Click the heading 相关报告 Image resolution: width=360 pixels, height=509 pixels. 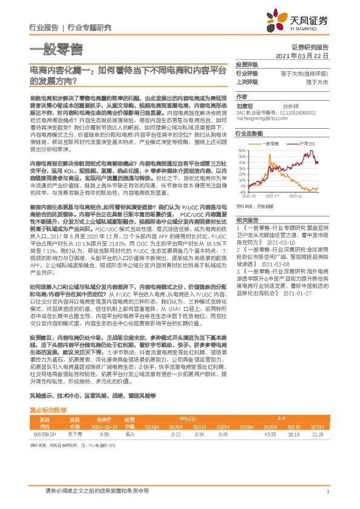pos(247,219)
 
